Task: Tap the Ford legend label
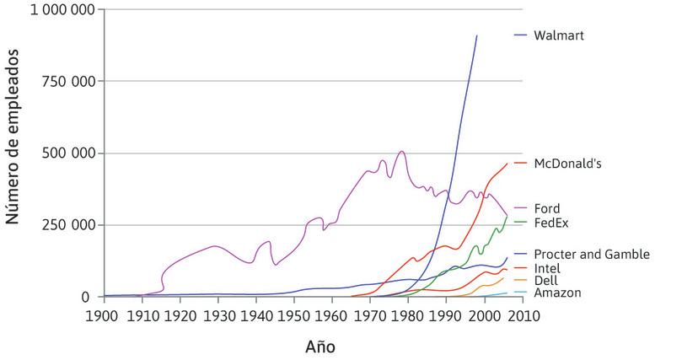point(547,208)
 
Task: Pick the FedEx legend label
point(551,223)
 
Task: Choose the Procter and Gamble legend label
point(592,255)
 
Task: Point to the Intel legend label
point(547,268)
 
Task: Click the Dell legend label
point(545,281)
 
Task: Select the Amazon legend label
point(557,293)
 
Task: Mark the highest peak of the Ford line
point(401,152)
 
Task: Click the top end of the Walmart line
point(477,36)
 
